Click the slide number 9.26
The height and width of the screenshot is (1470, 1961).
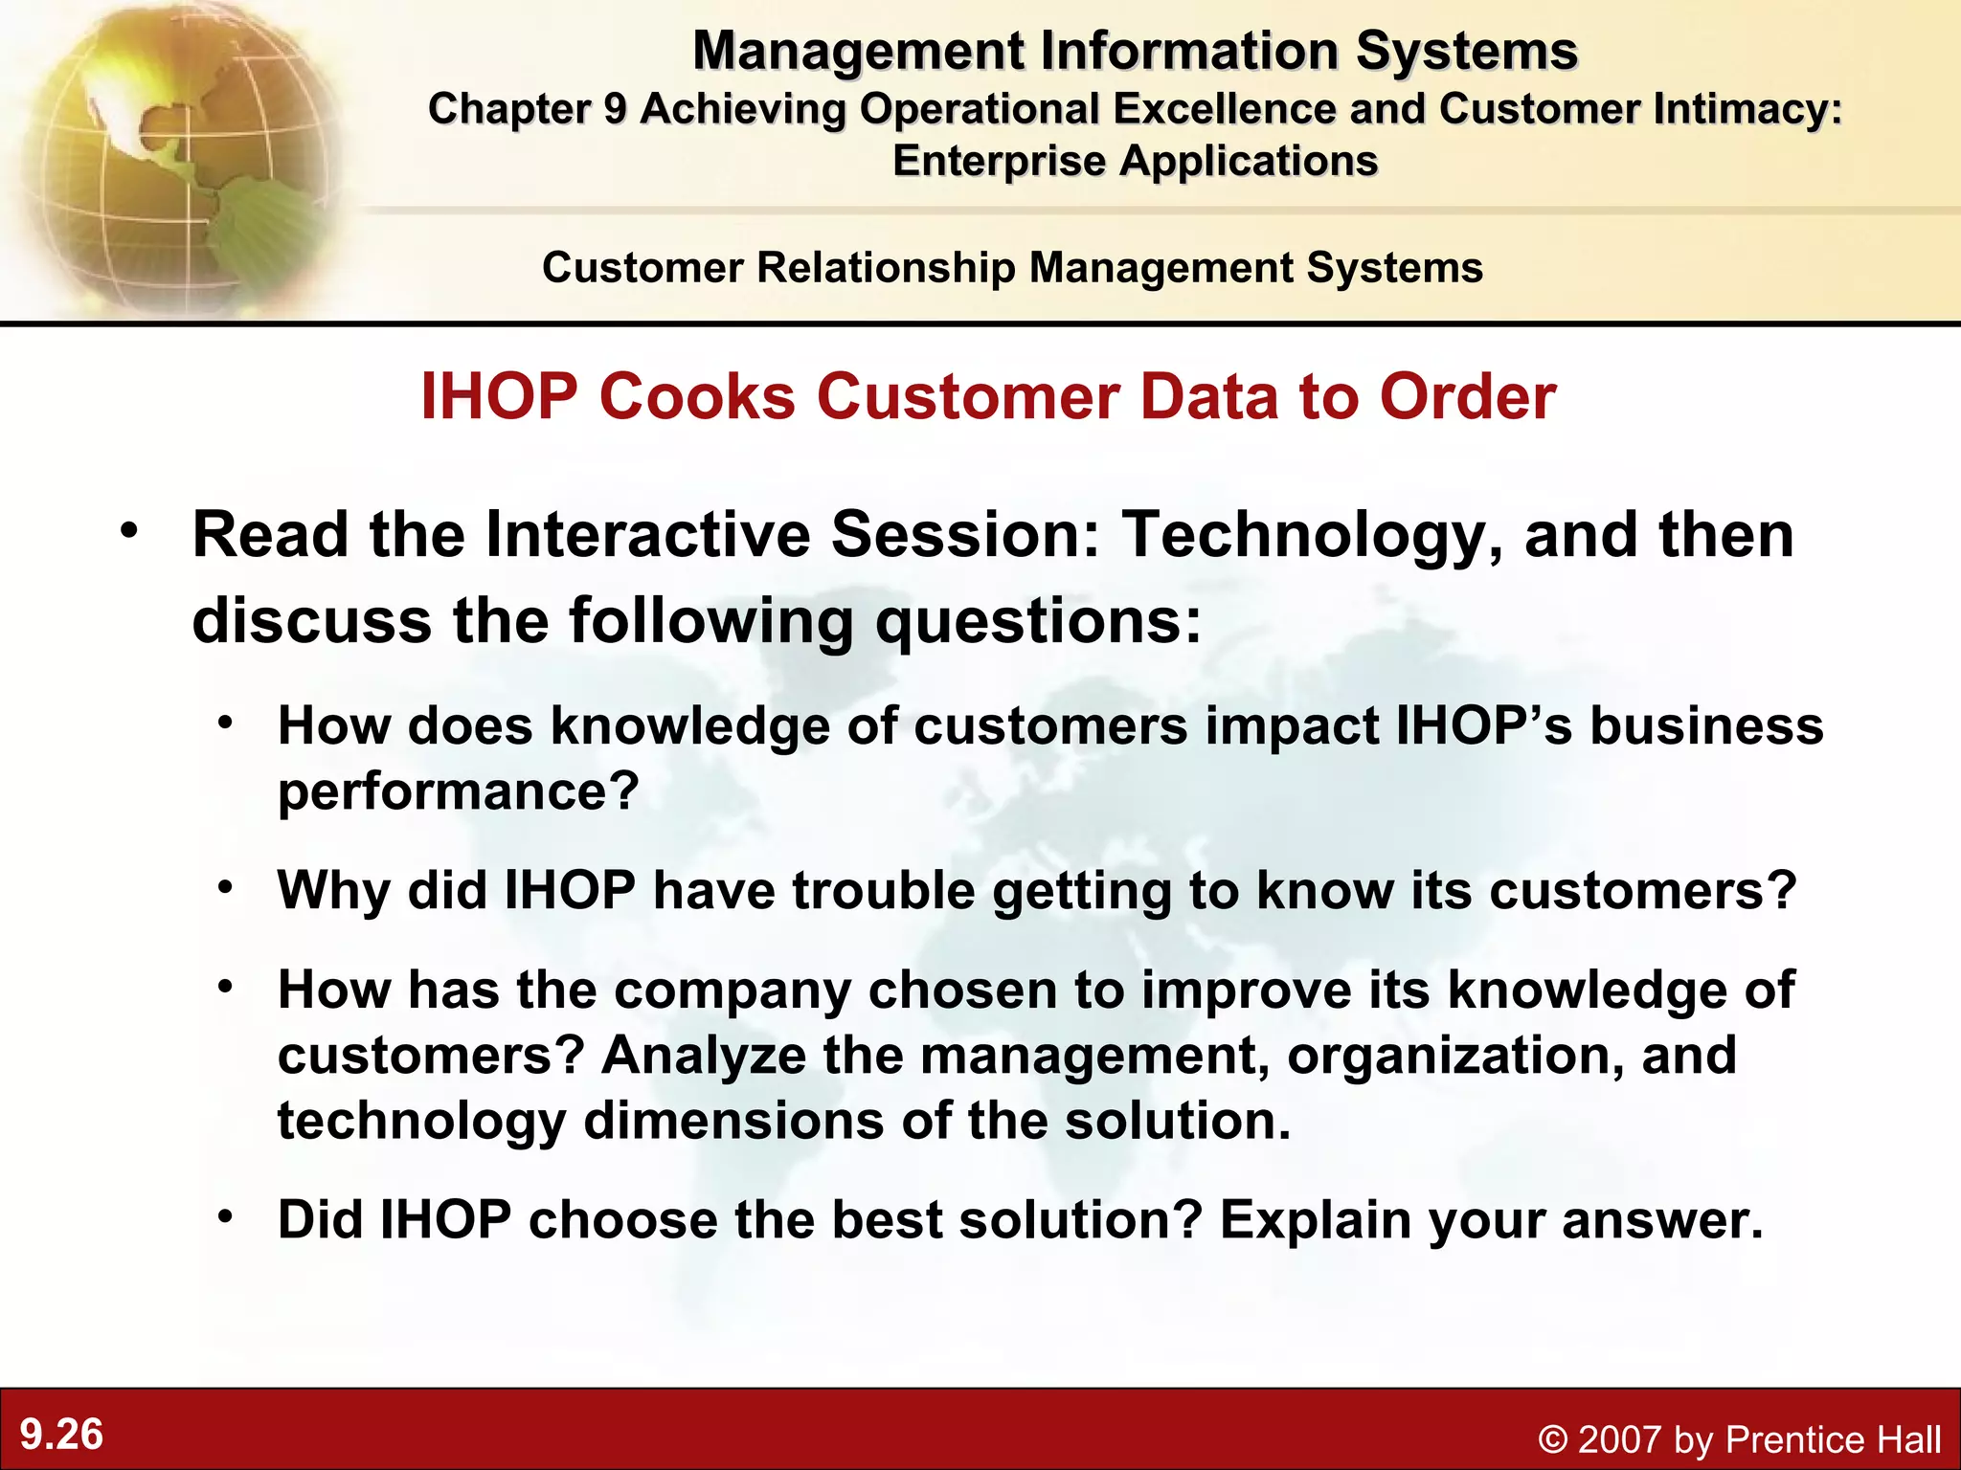61,1435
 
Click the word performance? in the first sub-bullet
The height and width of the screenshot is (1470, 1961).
458,791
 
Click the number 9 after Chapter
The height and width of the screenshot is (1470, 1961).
614,109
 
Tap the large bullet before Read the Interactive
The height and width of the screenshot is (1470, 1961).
129,531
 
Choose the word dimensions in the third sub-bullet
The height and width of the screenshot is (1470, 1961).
733,1121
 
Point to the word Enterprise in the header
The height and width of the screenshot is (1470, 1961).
999,161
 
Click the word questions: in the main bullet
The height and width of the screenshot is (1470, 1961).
1038,621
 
